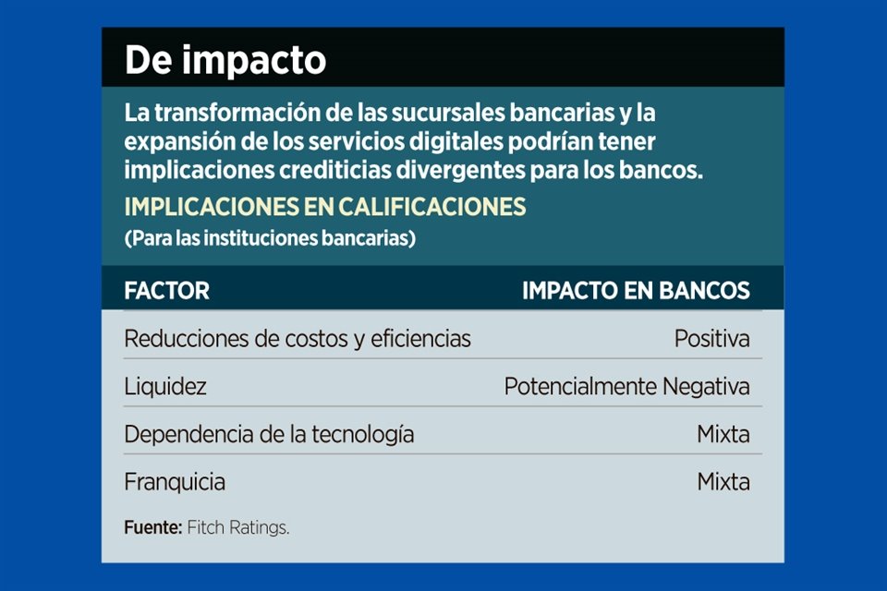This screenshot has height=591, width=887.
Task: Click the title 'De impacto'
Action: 225,60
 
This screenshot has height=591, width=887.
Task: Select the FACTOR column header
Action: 167,291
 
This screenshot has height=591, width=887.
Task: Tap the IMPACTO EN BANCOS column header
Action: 636,291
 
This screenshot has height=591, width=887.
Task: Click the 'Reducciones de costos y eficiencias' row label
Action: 298,339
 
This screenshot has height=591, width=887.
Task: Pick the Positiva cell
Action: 712,339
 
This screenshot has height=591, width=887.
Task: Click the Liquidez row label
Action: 165,387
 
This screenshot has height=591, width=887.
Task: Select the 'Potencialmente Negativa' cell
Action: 626,387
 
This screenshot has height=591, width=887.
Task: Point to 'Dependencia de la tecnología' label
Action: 269,434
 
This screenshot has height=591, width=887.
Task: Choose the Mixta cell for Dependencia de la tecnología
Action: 723,434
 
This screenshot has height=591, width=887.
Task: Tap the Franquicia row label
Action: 175,482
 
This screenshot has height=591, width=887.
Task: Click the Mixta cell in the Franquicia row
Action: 723,482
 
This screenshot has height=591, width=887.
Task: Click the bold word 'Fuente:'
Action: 153,527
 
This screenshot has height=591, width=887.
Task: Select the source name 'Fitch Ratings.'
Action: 238,528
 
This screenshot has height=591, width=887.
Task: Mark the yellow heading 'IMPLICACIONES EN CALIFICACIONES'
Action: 325,207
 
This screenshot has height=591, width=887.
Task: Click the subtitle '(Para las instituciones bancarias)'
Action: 270,238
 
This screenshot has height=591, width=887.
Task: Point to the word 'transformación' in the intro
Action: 237,113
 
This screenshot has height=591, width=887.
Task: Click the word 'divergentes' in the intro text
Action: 460,170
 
